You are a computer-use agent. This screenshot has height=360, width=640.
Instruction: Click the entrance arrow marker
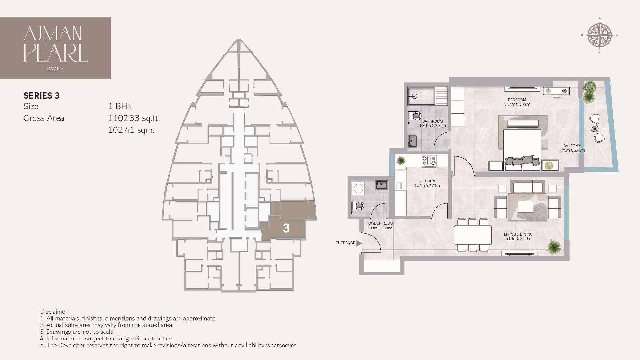pyautogui.click(x=359, y=243)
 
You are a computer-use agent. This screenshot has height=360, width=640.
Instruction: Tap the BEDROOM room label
pyautogui.click(x=517, y=100)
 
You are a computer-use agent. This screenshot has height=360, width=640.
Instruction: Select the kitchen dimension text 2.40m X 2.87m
pyautogui.click(x=427, y=186)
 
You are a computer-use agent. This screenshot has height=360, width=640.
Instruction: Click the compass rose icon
pyautogui.click(x=600, y=36)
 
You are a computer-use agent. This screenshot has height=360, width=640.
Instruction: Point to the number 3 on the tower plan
pyautogui.click(x=286, y=228)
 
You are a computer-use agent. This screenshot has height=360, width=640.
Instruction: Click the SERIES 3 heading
pyautogui.click(x=41, y=96)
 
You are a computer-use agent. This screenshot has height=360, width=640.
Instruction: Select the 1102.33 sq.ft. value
pyautogui.click(x=134, y=118)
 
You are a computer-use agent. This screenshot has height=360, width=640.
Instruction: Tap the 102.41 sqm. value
pyautogui.click(x=131, y=130)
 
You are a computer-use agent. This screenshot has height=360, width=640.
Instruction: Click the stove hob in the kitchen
pyautogui.click(x=429, y=161)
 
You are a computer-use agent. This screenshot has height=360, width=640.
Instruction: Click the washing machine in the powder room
pyautogui.click(x=358, y=188)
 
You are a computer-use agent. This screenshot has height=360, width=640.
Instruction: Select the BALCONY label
pyautogui.click(x=572, y=146)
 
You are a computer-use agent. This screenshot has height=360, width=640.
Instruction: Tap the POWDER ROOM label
pyautogui.click(x=379, y=223)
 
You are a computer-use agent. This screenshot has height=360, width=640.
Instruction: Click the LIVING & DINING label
pyautogui.click(x=518, y=234)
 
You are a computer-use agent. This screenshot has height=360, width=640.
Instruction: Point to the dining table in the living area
pyautogui.click(x=473, y=235)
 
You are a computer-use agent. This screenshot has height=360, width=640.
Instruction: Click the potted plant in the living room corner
pyautogui.click(x=554, y=247)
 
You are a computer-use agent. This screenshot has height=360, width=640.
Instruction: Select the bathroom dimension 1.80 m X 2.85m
pyautogui.click(x=432, y=126)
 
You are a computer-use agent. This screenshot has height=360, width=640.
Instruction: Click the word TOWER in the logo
pyautogui.click(x=53, y=68)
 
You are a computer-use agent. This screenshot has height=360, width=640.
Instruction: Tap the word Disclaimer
pyautogui.click(x=54, y=311)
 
